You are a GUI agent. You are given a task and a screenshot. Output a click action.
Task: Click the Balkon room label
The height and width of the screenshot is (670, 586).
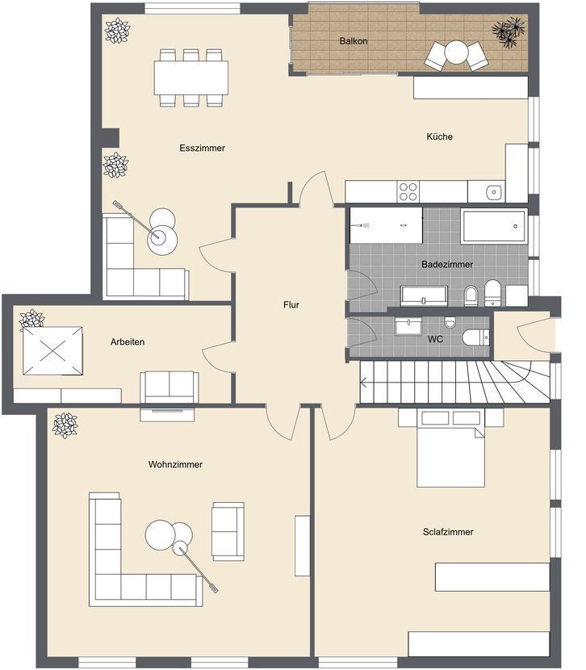click(x=354, y=41)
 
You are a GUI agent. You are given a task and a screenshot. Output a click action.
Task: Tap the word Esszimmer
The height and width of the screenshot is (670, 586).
click(x=202, y=148)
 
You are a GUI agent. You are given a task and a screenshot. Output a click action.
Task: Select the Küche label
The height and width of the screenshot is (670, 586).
click(x=439, y=136)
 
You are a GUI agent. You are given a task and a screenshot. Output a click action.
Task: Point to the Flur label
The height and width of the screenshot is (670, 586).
click(x=291, y=304)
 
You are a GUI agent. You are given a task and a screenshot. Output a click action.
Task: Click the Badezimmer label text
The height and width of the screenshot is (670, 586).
click(x=447, y=264)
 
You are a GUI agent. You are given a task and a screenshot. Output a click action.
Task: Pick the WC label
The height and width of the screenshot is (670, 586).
click(x=435, y=339)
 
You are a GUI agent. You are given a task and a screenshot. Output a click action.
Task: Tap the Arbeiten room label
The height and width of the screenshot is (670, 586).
click(x=128, y=341)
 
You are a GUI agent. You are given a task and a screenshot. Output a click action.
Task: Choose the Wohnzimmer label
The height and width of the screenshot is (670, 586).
click(x=175, y=464)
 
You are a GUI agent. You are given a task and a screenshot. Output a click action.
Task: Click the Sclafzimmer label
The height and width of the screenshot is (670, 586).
click(x=448, y=531)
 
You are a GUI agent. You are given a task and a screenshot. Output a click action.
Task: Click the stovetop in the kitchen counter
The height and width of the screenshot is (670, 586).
click(x=408, y=191)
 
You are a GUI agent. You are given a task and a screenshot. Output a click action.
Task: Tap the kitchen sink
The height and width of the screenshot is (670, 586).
click(x=493, y=192)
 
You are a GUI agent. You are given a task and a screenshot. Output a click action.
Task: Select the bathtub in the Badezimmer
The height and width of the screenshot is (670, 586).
click(x=494, y=226)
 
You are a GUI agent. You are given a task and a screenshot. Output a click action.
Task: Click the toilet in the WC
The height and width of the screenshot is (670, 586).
click(x=475, y=337)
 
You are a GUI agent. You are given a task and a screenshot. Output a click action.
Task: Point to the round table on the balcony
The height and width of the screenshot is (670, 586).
click(x=457, y=52)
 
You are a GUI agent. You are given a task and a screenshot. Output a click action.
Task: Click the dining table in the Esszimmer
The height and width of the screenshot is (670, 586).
click(x=191, y=77)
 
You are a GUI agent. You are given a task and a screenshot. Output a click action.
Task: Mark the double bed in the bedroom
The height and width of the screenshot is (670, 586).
click(x=450, y=448)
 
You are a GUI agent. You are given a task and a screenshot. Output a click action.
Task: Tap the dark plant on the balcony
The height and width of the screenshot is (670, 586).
click(x=508, y=31)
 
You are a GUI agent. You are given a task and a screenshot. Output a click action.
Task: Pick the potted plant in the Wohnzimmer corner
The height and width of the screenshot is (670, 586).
click(x=65, y=425)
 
